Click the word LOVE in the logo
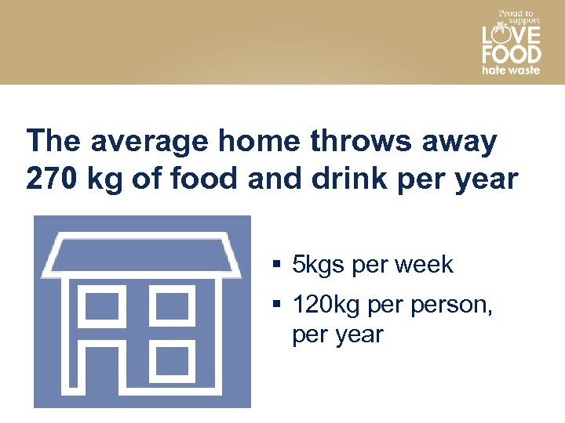pyautogui.click(x=511, y=35)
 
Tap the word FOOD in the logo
pyautogui.click(x=511, y=54)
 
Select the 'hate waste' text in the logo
pyautogui.click(x=511, y=70)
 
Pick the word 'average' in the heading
pyautogui.click(x=150, y=142)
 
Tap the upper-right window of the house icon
pyautogui.click(x=173, y=305)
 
